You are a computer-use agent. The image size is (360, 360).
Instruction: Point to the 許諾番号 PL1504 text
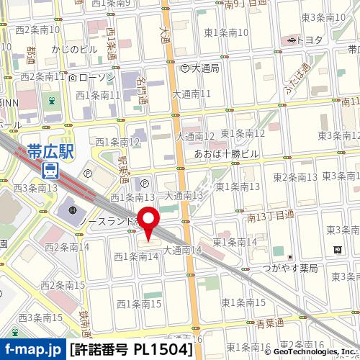132,350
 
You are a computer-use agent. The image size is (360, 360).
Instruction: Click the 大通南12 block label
196,136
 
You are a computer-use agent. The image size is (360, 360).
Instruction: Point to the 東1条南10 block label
226,32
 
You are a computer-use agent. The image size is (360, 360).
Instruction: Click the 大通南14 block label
181,250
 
